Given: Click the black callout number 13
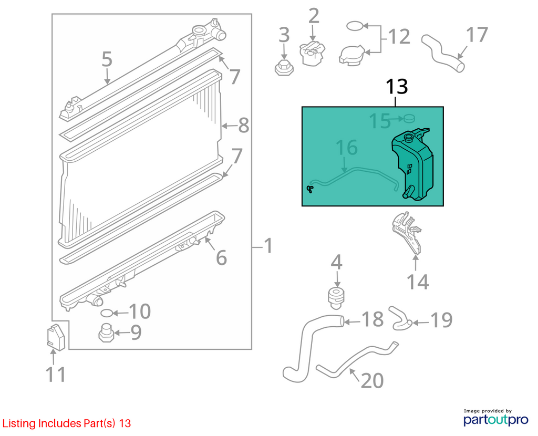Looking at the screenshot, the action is (397, 87).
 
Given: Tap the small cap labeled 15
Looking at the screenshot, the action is (409, 118).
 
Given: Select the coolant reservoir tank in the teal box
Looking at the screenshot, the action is (412, 164).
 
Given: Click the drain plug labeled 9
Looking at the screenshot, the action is (106, 333).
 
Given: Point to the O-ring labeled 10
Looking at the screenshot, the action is (107, 313).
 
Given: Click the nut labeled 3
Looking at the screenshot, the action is (284, 68).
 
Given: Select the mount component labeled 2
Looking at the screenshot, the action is (312, 53).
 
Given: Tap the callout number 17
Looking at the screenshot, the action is (477, 35).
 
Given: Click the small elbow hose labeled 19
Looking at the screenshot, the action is (400, 319).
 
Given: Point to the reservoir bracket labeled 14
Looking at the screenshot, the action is (407, 233).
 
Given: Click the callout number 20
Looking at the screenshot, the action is (373, 380).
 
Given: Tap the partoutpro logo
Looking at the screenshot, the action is (495, 418).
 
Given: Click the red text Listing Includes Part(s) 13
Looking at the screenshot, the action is (67, 423).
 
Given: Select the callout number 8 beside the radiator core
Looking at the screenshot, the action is (243, 125).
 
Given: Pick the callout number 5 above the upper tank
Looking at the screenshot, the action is (107, 59).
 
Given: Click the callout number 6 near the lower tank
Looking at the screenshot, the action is (221, 257).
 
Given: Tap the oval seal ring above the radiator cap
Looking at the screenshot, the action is (355, 26).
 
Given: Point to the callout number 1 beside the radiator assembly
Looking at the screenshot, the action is (268, 246).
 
